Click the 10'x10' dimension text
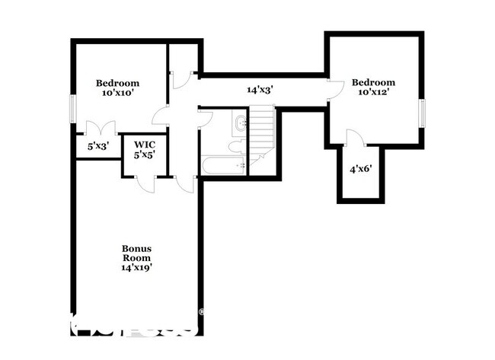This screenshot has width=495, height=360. point(118,93)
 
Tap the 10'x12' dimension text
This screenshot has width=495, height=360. point(373,92)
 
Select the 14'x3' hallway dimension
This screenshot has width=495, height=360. point(260,89)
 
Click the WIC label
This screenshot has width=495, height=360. point(145,144)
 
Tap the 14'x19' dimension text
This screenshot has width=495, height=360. point(137,268)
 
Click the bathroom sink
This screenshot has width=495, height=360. point(240,122)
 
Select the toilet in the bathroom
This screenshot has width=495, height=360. point(236,145)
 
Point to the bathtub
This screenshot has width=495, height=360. point(222,165)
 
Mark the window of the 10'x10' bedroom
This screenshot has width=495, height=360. point(73,107)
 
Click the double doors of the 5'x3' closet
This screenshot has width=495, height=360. point(98,129)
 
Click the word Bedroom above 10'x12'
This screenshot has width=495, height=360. point(373,82)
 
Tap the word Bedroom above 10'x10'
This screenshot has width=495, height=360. point(118,83)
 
